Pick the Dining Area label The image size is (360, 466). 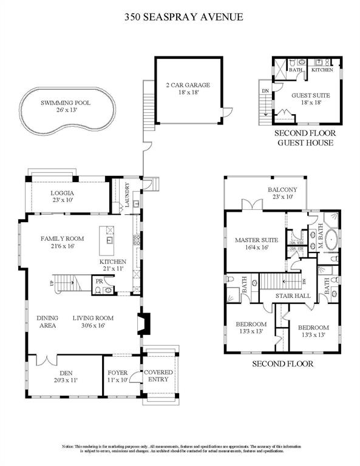coord(47,321)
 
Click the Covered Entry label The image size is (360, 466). coord(158,376)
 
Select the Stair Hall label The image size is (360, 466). coord(294,296)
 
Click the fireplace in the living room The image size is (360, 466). coord(143,324)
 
